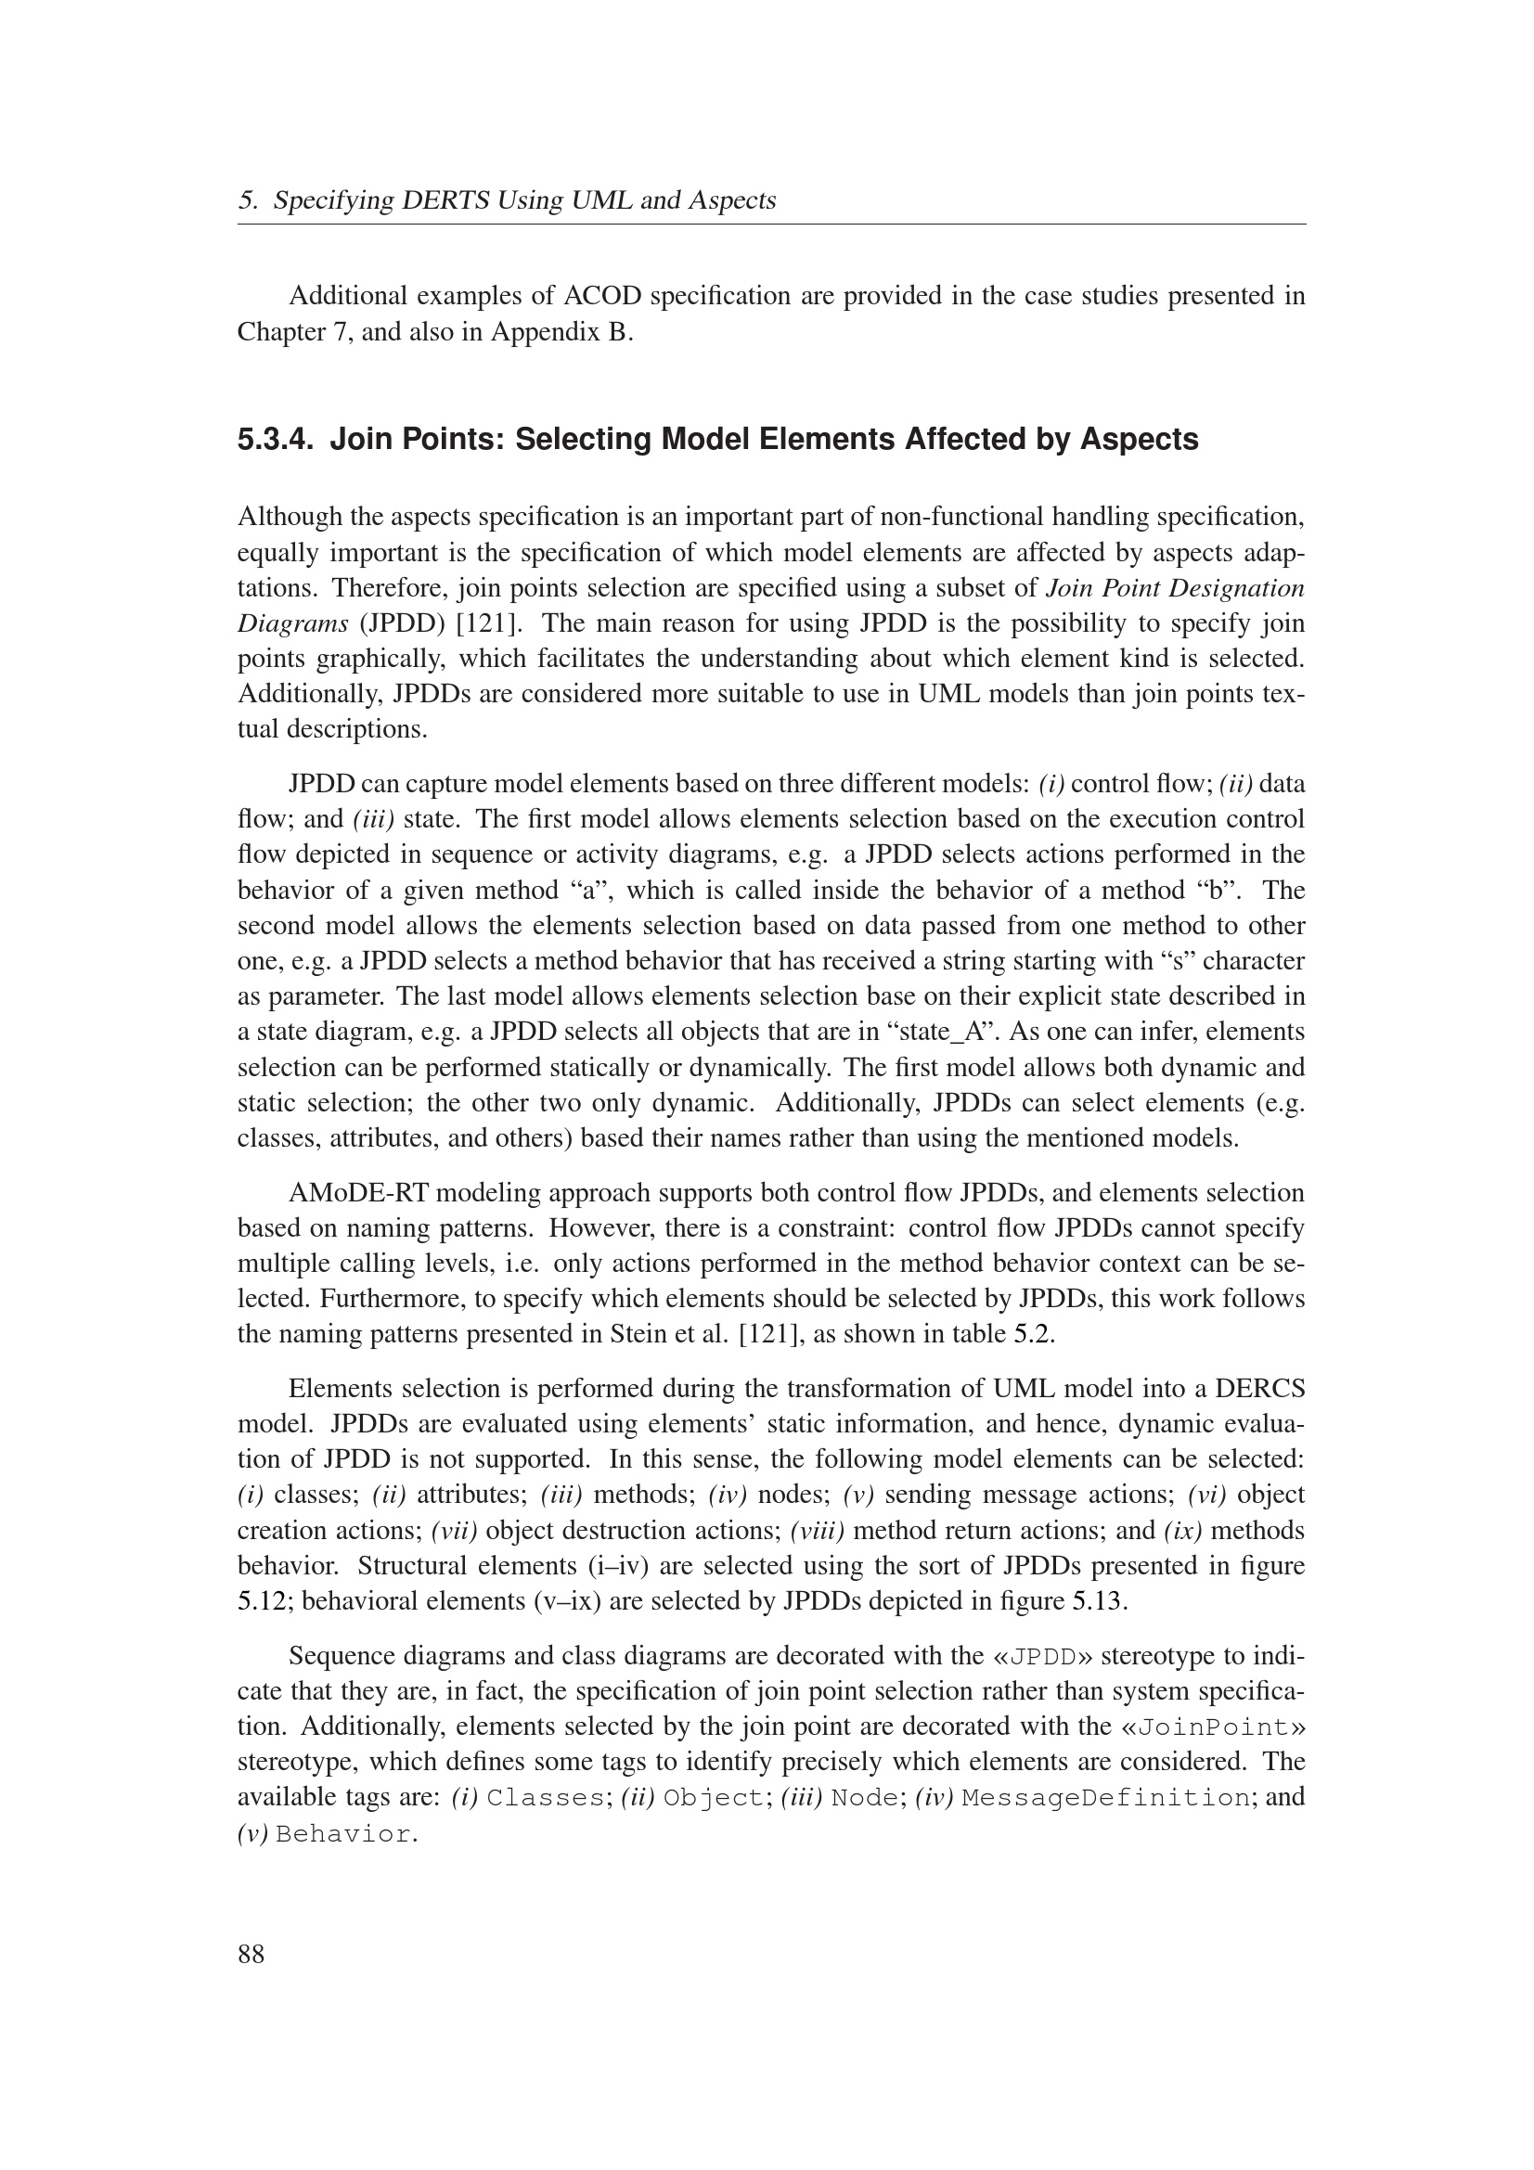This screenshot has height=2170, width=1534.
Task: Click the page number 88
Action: point(251,1954)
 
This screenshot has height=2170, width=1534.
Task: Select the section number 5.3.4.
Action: point(275,440)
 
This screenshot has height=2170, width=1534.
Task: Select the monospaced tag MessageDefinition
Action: point(1105,1798)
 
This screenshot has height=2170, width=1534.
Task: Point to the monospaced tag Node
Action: point(864,1798)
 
